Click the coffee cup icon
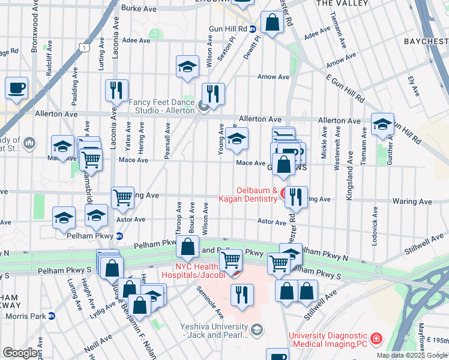(17, 88)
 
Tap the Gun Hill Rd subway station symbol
(253, 29)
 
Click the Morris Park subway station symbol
(52, 316)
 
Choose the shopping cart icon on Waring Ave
(122, 197)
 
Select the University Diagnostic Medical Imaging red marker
(376, 339)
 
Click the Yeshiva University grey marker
(257, 329)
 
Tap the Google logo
(20, 353)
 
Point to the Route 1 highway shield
(86, 47)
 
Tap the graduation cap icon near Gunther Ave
(382, 124)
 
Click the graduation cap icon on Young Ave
(237, 139)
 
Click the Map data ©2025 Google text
(411, 355)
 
